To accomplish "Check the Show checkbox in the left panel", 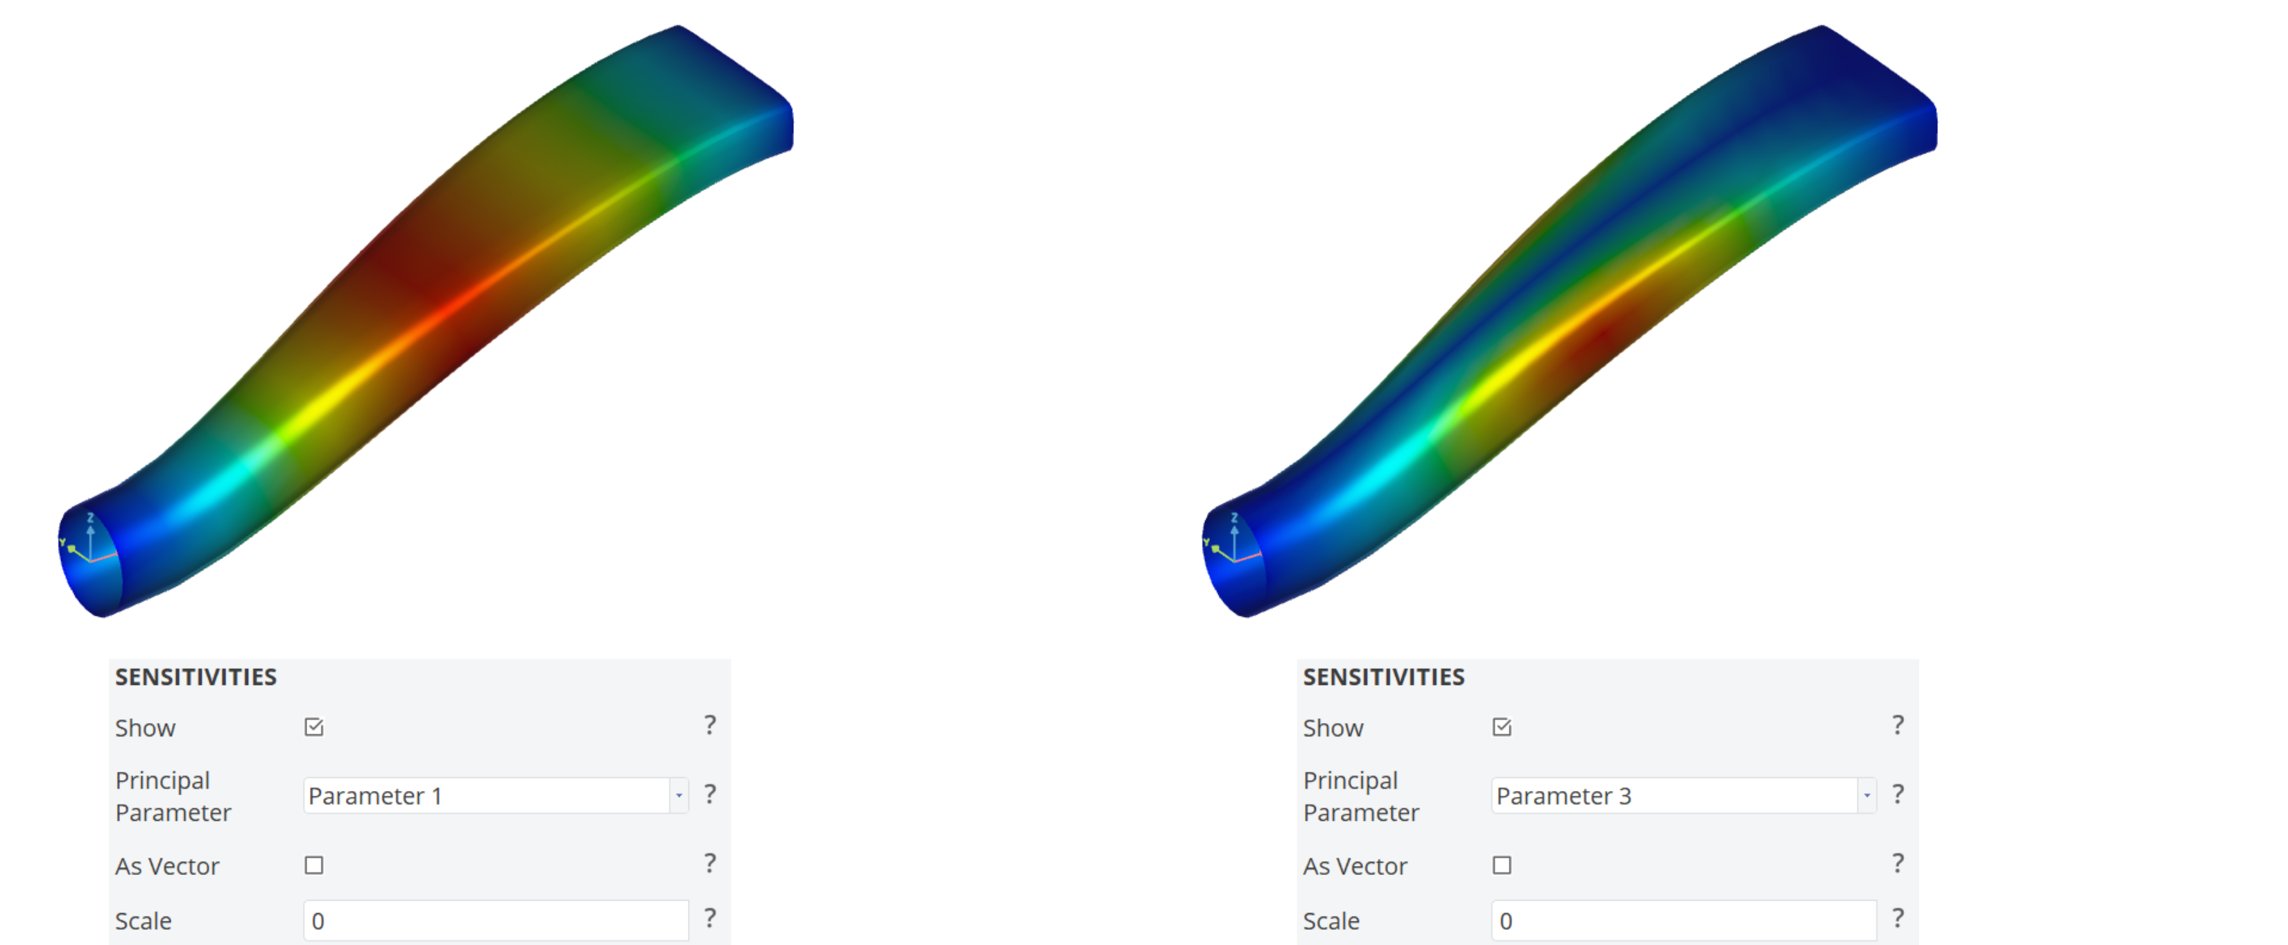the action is [x=313, y=727].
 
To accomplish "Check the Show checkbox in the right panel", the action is [x=1502, y=727].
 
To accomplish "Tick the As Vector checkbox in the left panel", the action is [x=313, y=865].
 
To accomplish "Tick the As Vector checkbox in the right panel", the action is [x=1502, y=865].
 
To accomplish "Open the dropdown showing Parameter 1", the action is [x=496, y=796].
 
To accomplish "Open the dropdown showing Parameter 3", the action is [x=1684, y=796].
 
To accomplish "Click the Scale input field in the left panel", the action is [x=496, y=921].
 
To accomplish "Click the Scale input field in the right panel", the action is [x=1684, y=921].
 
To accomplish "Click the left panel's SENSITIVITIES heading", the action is [x=196, y=677].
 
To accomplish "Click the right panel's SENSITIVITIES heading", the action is [x=1384, y=677].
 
